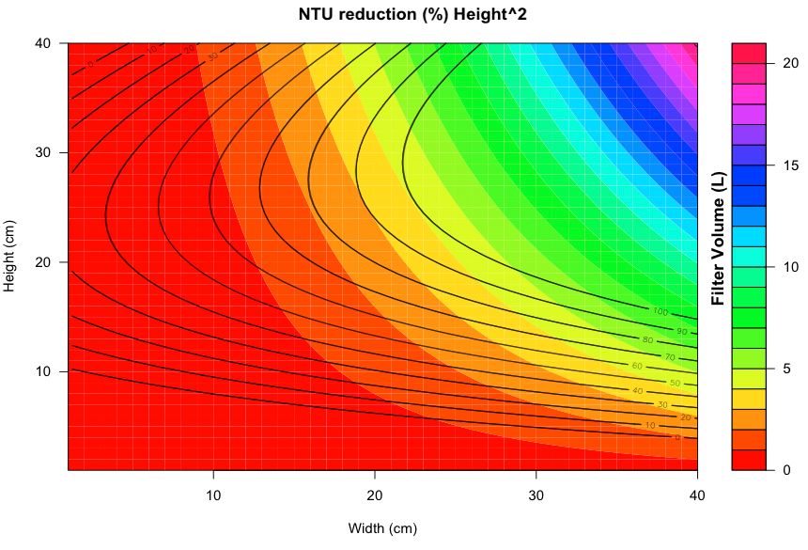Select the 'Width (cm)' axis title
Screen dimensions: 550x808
tap(382, 527)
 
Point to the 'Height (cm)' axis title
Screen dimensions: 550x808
tap(10, 256)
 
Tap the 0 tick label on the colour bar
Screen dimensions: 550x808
tap(785, 470)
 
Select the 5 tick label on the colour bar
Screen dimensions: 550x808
tap(785, 369)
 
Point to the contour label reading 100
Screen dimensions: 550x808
tap(660, 311)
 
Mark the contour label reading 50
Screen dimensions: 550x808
tap(675, 383)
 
